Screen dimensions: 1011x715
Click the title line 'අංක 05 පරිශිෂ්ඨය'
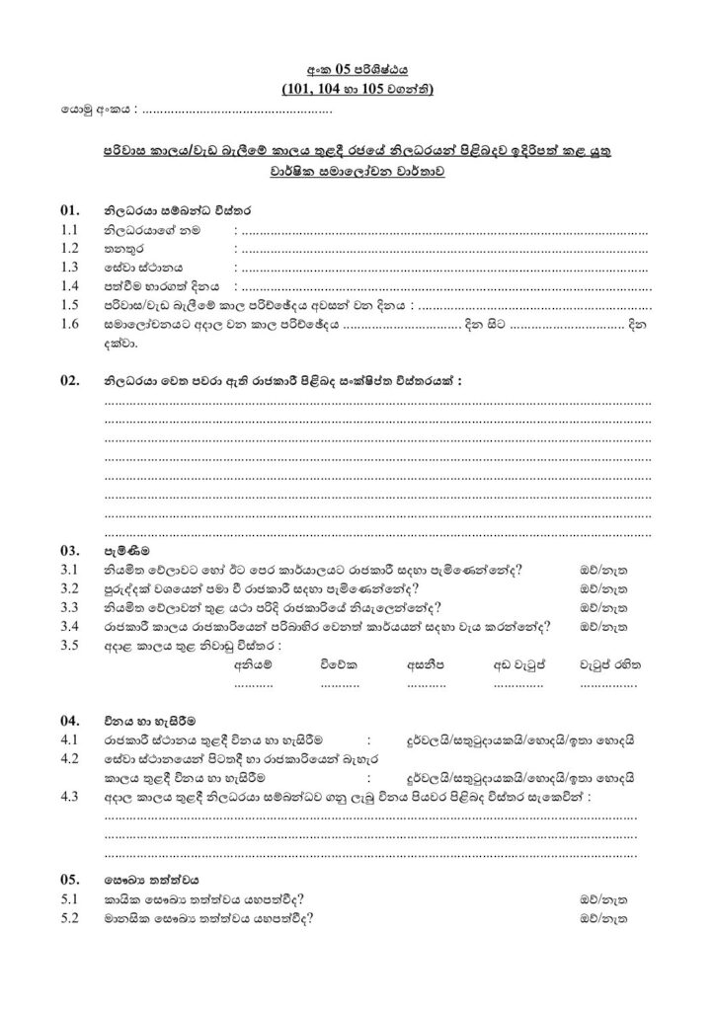(x=357, y=69)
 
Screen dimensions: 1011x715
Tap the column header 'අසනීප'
(x=428, y=664)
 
